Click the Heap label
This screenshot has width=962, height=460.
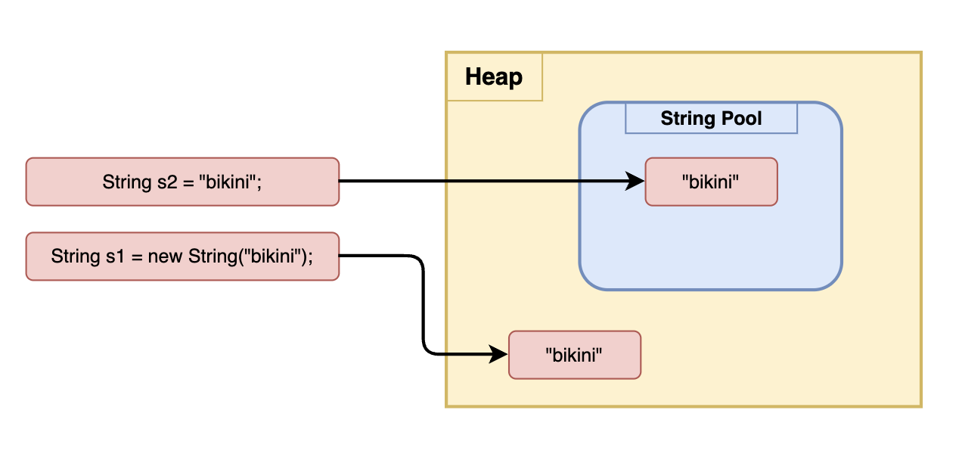pyautogui.click(x=493, y=77)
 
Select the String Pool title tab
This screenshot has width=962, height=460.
pyautogui.click(x=711, y=119)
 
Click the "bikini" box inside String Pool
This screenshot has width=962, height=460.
pyautogui.click(x=711, y=182)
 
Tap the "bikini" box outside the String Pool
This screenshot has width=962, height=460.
pyautogui.click(x=574, y=355)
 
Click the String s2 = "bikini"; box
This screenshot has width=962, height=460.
pyautogui.click(x=182, y=182)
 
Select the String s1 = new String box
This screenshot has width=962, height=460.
pyautogui.click(x=182, y=256)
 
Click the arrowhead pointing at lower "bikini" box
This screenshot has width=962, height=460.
pyautogui.click(x=499, y=354)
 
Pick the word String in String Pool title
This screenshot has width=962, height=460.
pyautogui.click(x=687, y=119)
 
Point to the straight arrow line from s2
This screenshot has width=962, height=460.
pyautogui.click(x=484, y=182)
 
